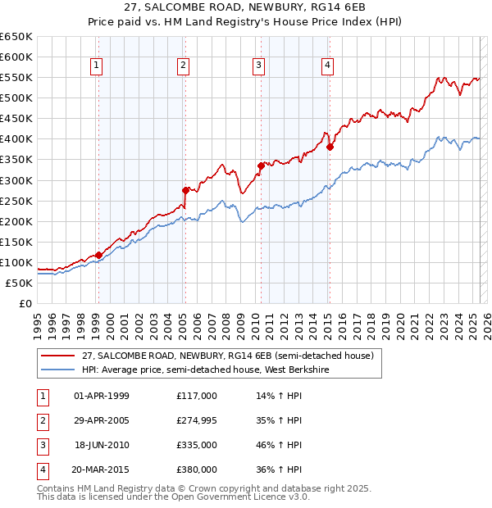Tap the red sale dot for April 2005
185,190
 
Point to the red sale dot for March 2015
330,147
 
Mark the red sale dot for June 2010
261,166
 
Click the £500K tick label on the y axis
16,98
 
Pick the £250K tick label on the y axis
16,201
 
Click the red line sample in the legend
57,356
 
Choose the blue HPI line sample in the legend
57,370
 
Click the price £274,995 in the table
196,420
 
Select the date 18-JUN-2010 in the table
102,445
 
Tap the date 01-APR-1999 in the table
102,396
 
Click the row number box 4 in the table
42,469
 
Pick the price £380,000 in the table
196,469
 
